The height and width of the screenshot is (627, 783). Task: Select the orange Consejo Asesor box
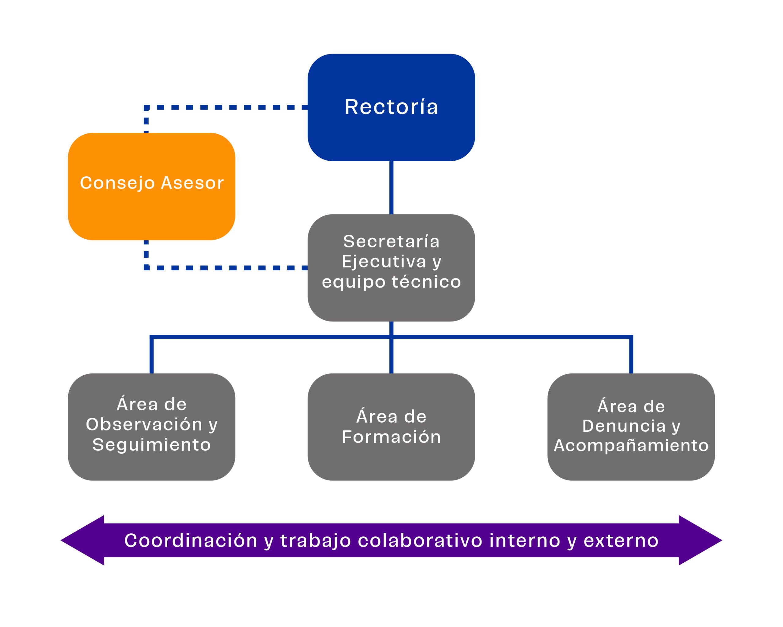[x=151, y=211]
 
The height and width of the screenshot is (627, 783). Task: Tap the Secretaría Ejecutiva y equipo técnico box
[x=391, y=305]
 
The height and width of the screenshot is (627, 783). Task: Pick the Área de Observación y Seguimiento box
[x=151, y=465]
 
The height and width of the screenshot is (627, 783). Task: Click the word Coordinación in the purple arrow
[x=191, y=540]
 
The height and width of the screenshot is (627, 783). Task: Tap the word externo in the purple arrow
[x=621, y=540]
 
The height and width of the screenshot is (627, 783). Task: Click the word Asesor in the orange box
[x=192, y=183]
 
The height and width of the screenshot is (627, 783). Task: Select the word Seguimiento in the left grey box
[x=151, y=445]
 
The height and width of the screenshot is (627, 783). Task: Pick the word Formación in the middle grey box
[x=391, y=437]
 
